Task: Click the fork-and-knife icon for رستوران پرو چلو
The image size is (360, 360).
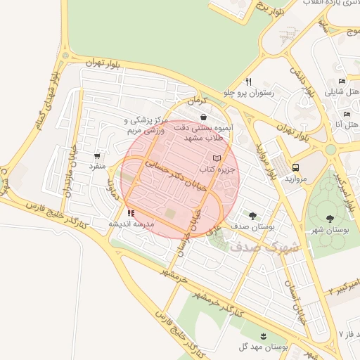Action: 248,82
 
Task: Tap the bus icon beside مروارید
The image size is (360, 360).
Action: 295,168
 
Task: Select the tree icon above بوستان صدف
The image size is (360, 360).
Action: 252,215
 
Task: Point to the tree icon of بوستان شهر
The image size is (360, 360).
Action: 330,218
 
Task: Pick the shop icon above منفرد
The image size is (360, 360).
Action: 96,156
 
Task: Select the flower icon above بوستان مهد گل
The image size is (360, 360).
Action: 264,335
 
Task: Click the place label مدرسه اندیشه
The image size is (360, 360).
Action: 130,223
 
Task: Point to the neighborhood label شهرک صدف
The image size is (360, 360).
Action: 274,247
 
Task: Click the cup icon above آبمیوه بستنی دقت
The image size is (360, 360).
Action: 203,117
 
